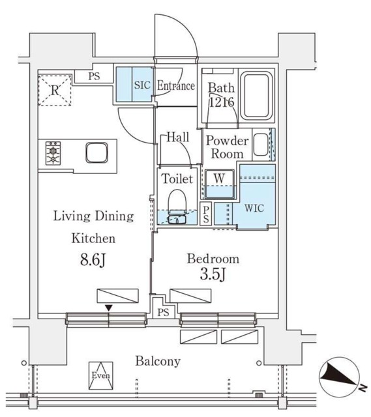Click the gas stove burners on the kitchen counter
point(53,153)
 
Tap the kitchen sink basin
point(97,152)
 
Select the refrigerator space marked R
point(55,91)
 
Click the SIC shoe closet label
point(142,85)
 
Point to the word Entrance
point(176,86)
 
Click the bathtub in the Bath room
point(256,96)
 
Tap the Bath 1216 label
point(222,95)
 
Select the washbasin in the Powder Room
point(261,144)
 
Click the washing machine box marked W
point(220,184)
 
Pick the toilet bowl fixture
point(177,206)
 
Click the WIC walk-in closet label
point(254,208)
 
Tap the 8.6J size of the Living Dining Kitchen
point(93,260)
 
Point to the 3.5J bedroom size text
point(213,274)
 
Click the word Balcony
point(158,362)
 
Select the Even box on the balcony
point(101,375)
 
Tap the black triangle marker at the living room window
point(109,308)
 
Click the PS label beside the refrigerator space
point(94,77)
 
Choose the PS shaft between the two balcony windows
point(163,311)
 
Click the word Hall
point(178,137)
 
